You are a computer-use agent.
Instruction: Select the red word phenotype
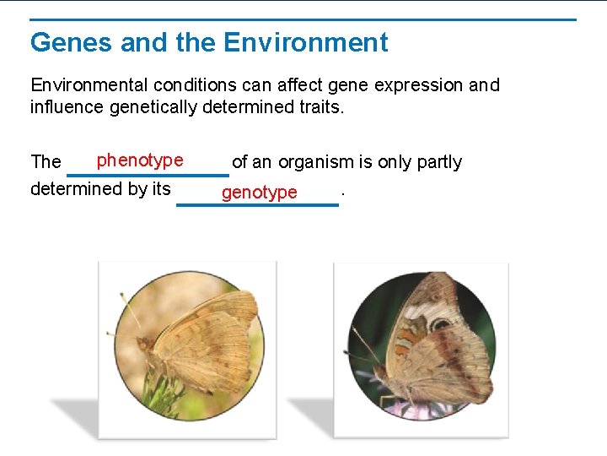pyautogui.click(x=139, y=160)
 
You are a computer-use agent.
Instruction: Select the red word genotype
pyautogui.click(x=259, y=193)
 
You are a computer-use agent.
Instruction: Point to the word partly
pyautogui.click(x=436, y=162)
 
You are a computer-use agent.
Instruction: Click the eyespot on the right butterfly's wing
pyautogui.click(x=440, y=323)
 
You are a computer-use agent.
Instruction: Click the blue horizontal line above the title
pyautogui.click(x=303, y=19)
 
